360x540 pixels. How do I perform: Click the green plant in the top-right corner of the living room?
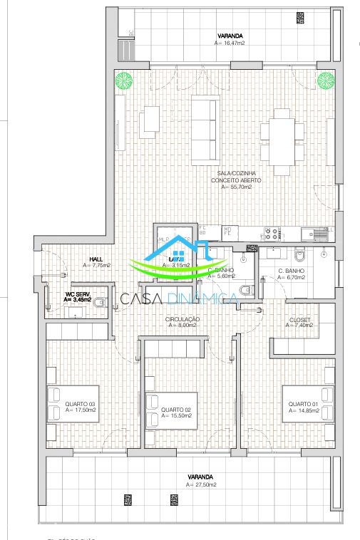pos(325,78)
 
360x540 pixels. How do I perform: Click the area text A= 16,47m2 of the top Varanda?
pos(230,43)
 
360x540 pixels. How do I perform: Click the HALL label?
pos(96,259)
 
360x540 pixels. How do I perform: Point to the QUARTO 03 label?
pos(80,404)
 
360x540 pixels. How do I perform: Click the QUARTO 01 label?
pos(302,404)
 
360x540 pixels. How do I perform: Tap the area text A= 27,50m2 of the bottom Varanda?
pos(200,484)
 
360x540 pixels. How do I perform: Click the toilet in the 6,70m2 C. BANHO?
pos(300,254)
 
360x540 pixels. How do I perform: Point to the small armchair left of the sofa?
pos(150,121)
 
